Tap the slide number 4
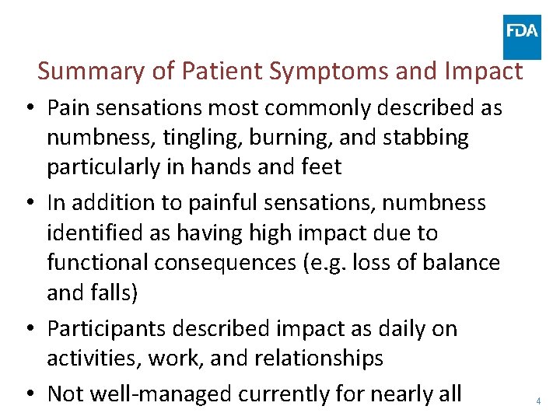tap(537, 401)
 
